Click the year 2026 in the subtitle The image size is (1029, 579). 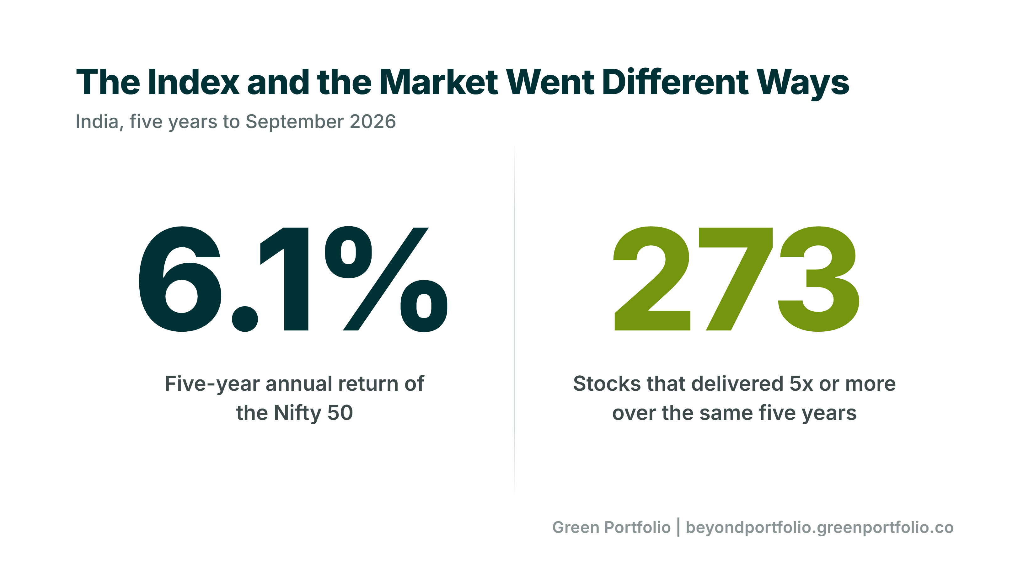(373, 121)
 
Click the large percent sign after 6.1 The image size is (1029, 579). (386, 279)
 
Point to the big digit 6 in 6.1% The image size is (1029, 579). (180, 279)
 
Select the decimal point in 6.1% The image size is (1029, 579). (245, 319)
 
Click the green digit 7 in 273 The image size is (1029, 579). (735, 279)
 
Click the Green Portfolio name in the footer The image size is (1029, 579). (611, 528)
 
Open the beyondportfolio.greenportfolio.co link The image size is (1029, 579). (820, 528)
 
